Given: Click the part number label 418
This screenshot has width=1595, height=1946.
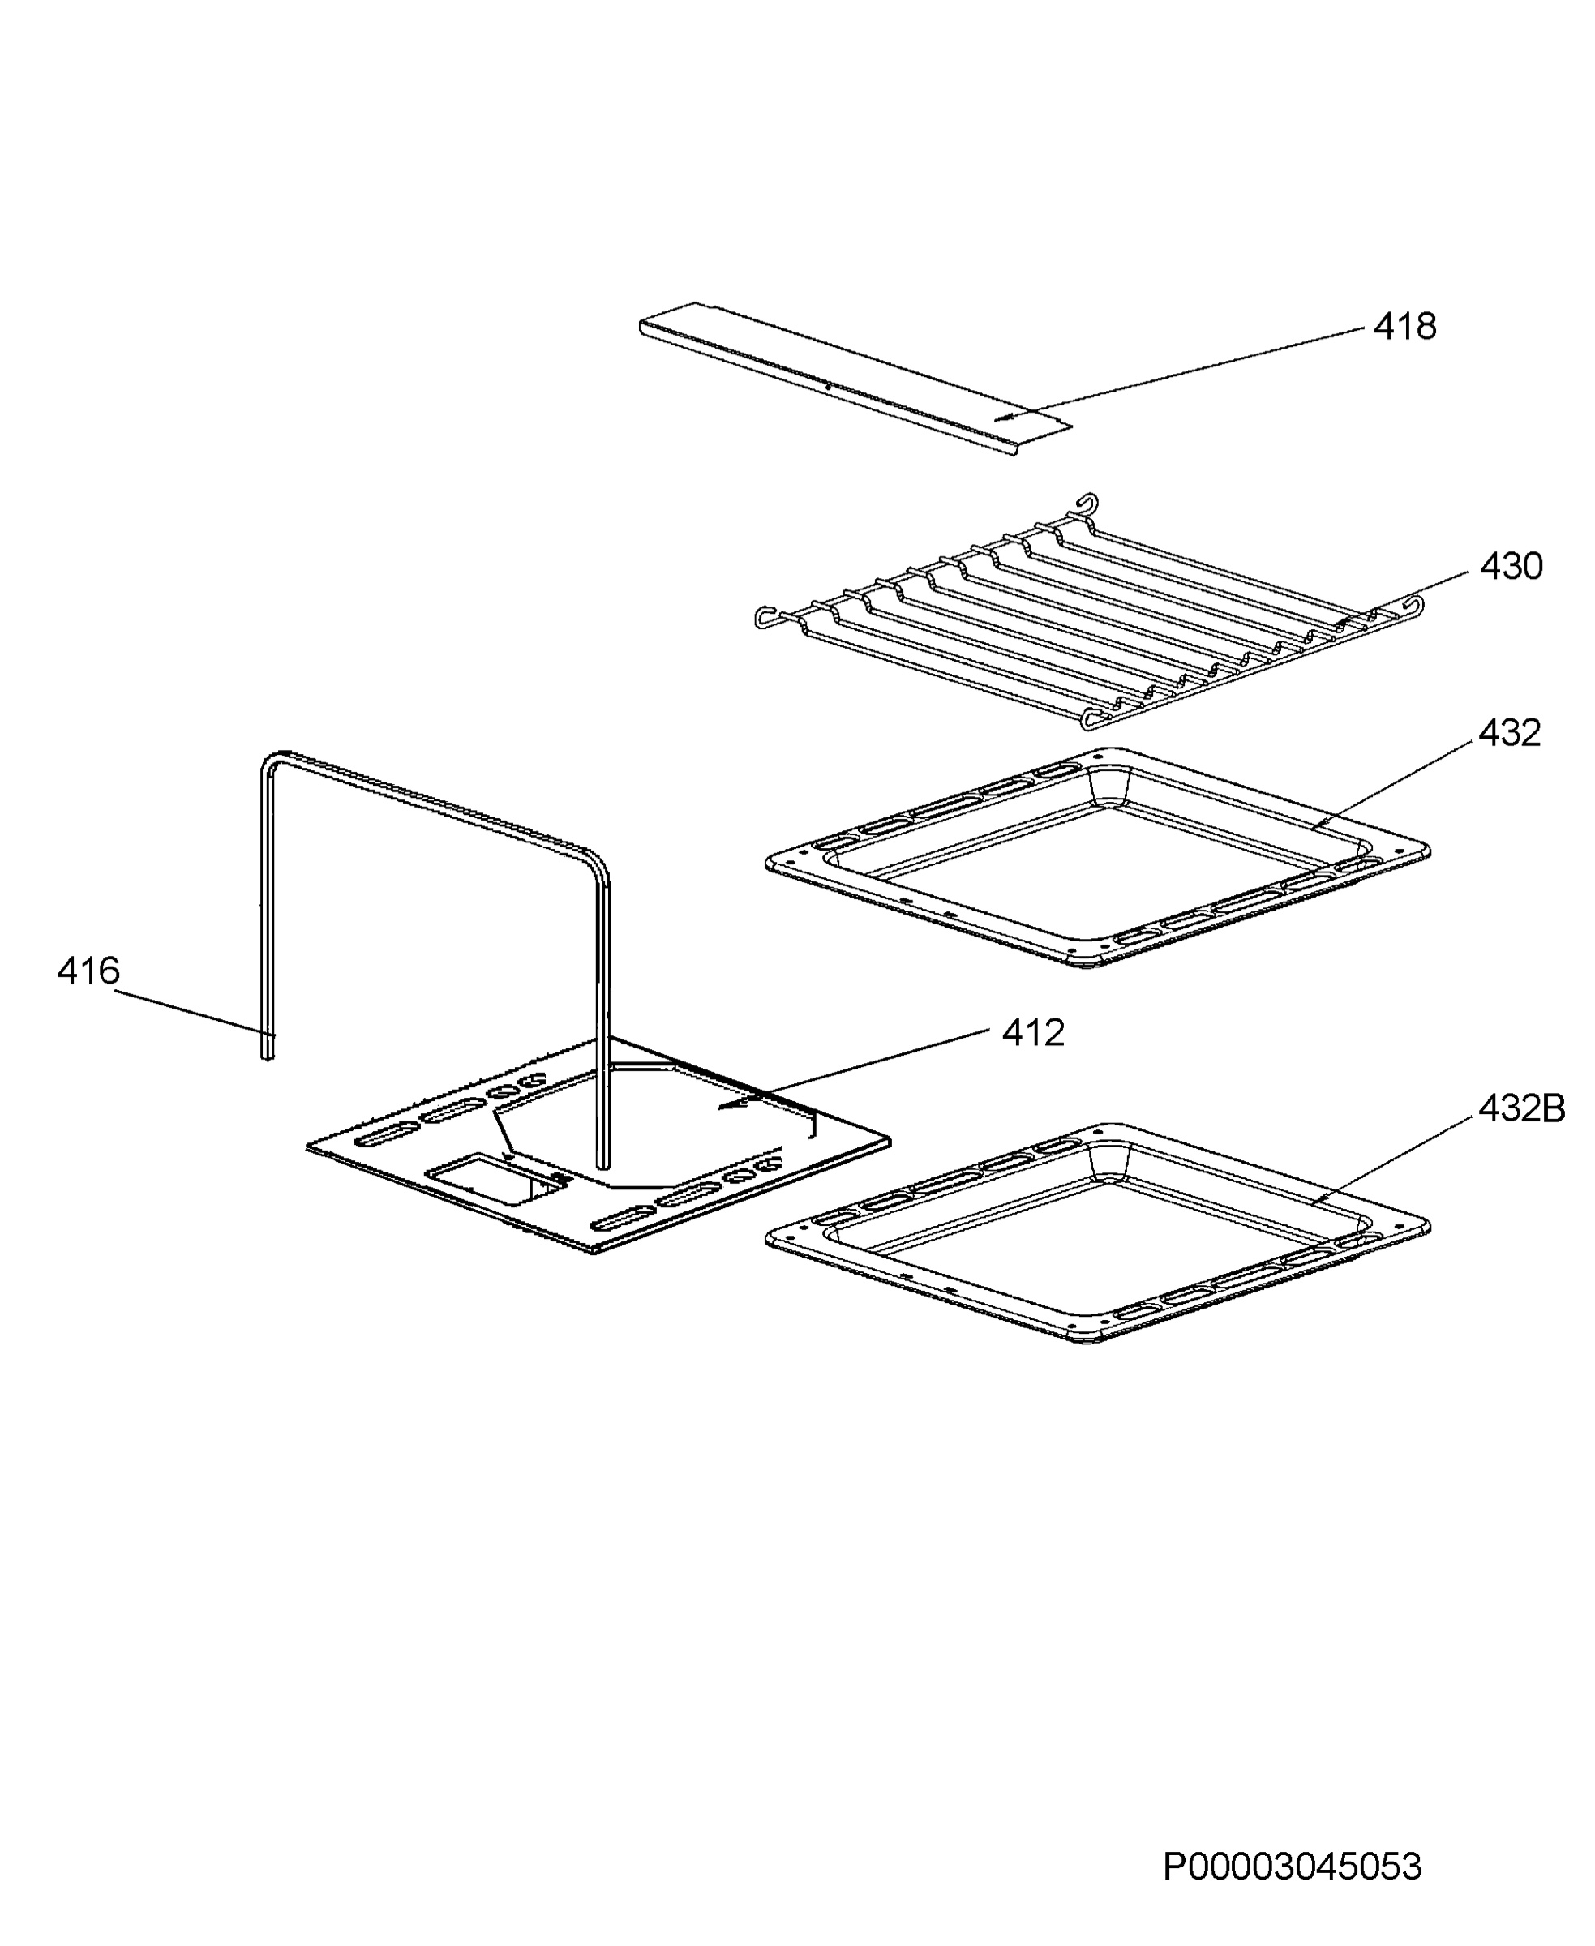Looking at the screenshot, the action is [x=1404, y=326].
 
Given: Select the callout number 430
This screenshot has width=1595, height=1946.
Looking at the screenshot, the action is [x=1511, y=566].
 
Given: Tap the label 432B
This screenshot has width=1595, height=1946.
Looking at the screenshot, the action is [x=1521, y=1109].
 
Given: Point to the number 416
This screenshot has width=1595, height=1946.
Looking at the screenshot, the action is [x=88, y=971].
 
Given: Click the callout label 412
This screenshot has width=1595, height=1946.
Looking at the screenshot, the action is [x=1033, y=1033].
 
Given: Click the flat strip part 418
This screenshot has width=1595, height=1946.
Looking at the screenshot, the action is [x=855, y=379].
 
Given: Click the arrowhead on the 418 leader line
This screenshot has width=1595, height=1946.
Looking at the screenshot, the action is [x=1006, y=418].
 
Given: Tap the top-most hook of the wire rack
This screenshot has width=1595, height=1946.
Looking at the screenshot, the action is [x=1088, y=503].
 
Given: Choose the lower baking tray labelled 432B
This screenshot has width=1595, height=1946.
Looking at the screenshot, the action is [x=1097, y=1234].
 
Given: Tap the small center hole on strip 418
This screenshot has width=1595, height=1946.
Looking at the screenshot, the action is [x=828, y=387].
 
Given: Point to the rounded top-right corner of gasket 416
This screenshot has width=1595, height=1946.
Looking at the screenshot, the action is [x=598, y=862].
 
